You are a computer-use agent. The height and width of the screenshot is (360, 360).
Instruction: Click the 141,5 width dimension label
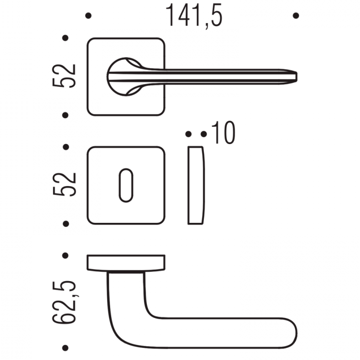tap(194, 16)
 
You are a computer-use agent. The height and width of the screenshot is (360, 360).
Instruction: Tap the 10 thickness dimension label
tap(223, 132)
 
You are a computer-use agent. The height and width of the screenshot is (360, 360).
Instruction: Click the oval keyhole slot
tap(126, 185)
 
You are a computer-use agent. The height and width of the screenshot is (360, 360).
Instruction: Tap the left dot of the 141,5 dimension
tap(88, 16)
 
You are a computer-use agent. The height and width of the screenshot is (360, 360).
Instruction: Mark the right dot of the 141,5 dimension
tap(296, 16)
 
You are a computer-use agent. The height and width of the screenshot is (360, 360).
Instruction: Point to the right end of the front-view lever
tap(297, 77)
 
